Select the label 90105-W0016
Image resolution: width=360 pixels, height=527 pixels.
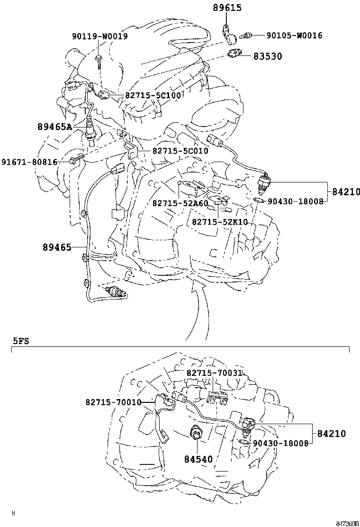294,36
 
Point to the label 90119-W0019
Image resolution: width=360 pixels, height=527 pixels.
99,36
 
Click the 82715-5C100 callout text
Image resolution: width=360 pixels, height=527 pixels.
153,95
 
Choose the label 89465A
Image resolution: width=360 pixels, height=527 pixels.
54,127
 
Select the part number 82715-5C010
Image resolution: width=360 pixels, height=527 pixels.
180,151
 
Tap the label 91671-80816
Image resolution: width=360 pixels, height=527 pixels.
29,162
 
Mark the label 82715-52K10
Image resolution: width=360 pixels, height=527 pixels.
220,222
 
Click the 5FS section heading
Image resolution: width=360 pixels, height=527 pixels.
20,340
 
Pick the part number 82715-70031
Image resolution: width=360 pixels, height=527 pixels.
214,373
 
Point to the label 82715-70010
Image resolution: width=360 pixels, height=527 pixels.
114,402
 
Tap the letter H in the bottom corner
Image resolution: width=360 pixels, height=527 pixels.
13,513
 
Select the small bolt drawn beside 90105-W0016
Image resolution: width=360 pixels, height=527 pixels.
245,35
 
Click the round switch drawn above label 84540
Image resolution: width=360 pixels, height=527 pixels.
196,433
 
